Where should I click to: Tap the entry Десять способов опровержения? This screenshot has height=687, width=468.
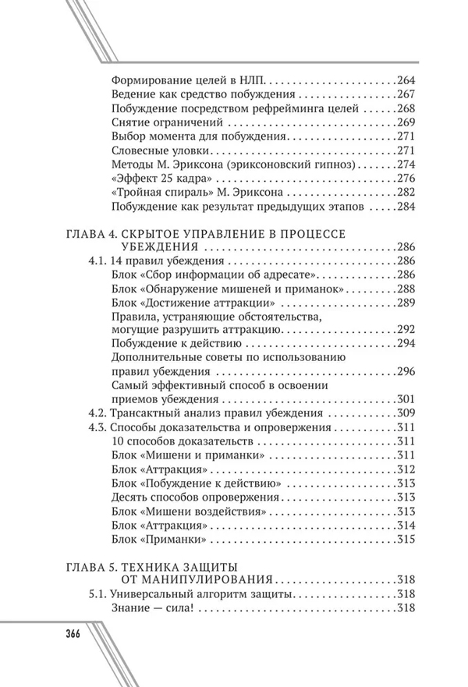pyautogui.click(x=196, y=498)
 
